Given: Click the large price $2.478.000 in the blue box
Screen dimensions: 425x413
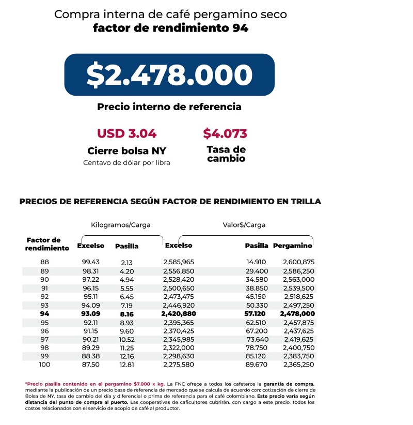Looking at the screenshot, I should pyautogui.click(x=169, y=75).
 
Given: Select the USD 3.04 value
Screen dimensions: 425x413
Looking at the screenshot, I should pyautogui.click(x=126, y=133).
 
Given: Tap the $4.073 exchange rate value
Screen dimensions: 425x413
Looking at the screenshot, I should pyautogui.click(x=225, y=133).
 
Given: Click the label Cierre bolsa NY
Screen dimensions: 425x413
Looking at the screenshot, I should pyautogui.click(x=126, y=151).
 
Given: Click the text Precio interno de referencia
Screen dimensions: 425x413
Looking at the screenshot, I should pyautogui.click(x=169, y=107).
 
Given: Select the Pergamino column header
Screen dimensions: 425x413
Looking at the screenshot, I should pyautogui.click(x=293, y=246).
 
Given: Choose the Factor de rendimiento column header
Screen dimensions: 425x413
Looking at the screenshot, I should pyautogui.click(x=46, y=244).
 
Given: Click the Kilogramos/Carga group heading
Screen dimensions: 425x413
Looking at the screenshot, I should pyautogui.click(x=120, y=225).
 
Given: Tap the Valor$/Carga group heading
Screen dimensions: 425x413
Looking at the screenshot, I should pyautogui.click(x=244, y=225).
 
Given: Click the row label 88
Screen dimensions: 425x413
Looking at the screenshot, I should pyautogui.click(x=44, y=262).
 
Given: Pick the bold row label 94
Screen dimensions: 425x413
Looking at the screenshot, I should pyautogui.click(x=44, y=313).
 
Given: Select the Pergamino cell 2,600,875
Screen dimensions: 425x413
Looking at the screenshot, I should pyautogui.click(x=298, y=262).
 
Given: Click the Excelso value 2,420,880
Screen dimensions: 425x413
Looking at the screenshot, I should pyautogui.click(x=178, y=313).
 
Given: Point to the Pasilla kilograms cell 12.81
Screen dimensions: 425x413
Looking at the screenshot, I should pyautogui.click(x=126, y=365).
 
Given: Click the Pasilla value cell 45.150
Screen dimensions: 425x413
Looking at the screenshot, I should pyautogui.click(x=256, y=296).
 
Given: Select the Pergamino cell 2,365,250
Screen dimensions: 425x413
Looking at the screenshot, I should pyautogui.click(x=298, y=365).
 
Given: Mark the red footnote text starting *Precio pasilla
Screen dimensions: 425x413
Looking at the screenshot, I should pyautogui.click(x=93, y=384).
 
